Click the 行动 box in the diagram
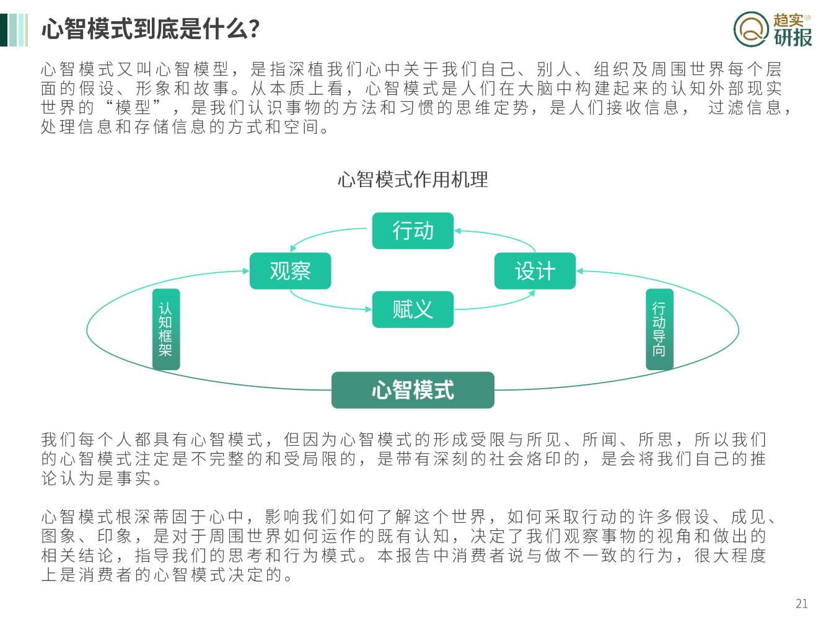click(x=413, y=231)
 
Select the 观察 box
click(x=290, y=271)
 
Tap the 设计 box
click(x=535, y=271)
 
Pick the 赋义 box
click(x=413, y=309)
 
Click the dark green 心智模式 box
click(x=413, y=390)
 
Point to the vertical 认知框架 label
click(x=165, y=329)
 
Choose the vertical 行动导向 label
click(x=659, y=329)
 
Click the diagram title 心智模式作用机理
click(x=413, y=180)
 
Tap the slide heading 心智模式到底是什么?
click(x=151, y=29)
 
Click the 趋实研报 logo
click(x=773, y=30)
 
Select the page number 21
click(x=801, y=603)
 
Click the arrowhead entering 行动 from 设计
click(x=457, y=231)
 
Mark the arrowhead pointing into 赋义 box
click(x=369, y=309)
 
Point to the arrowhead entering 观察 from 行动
click(x=294, y=249)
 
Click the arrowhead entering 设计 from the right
click(x=579, y=271)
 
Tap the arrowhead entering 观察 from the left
click(x=246, y=271)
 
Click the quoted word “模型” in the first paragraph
click(x=134, y=107)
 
